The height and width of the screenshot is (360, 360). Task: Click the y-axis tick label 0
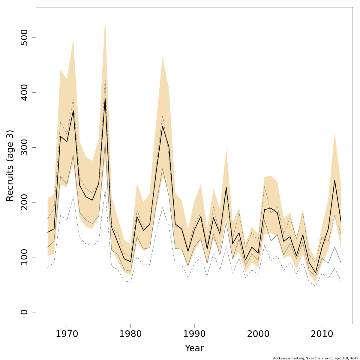tap(24, 312)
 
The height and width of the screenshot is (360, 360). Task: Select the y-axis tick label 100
tap(24, 257)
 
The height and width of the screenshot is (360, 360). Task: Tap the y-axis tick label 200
tap(24, 202)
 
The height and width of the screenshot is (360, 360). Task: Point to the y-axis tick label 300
tap(24, 147)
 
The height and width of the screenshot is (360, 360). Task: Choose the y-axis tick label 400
tap(24, 92)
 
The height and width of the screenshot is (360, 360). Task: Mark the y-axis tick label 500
tap(24, 37)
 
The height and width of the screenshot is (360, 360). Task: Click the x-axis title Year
tap(194, 348)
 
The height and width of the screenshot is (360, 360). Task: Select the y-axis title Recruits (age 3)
tap(10, 166)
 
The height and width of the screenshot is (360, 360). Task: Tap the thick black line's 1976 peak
tap(105, 98)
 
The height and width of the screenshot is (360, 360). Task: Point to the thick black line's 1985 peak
tap(162, 126)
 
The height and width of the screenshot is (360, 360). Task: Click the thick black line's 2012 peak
tap(334, 180)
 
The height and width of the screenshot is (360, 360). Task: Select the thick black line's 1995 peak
tap(226, 187)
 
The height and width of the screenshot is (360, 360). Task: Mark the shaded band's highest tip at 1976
tap(105, 19)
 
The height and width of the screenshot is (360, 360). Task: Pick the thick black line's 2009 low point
tap(315, 273)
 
